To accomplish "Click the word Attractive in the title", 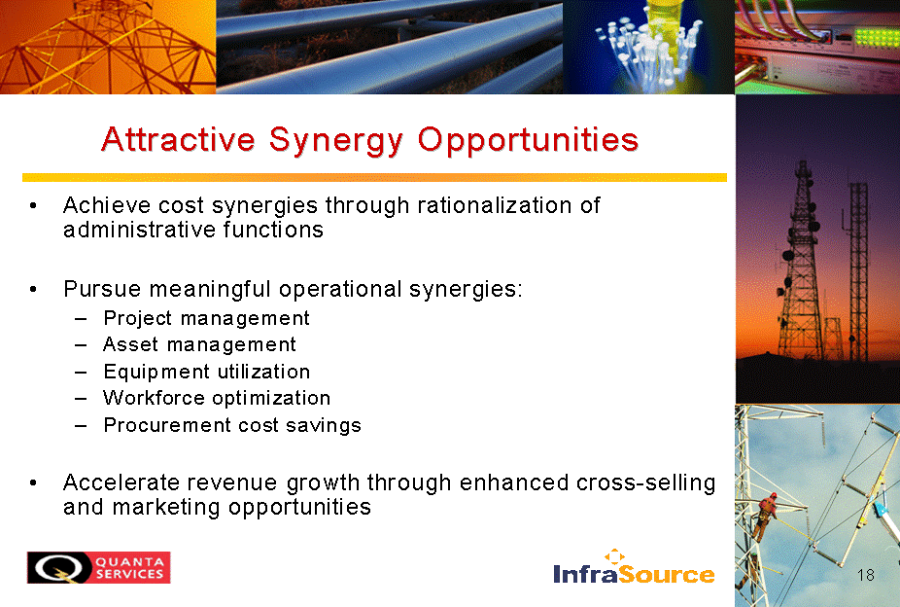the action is [x=179, y=139].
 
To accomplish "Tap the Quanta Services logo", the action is [x=99, y=567].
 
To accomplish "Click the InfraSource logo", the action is [x=635, y=567].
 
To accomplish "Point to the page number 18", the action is [x=866, y=575].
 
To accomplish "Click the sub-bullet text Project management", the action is [x=207, y=319].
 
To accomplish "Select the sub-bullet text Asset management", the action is [x=200, y=345].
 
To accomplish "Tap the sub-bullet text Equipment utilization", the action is [x=207, y=373].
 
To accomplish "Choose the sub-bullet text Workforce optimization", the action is [x=217, y=398].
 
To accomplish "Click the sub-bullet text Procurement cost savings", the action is [x=232, y=425].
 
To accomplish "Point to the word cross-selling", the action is [x=645, y=483].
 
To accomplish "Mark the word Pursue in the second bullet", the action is [x=102, y=289].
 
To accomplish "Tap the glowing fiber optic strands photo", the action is [x=648, y=47].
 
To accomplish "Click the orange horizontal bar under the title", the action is [x=374, y=177].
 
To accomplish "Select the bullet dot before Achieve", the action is [x=34, y=205].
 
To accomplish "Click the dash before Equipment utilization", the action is [x=81, y=373].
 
